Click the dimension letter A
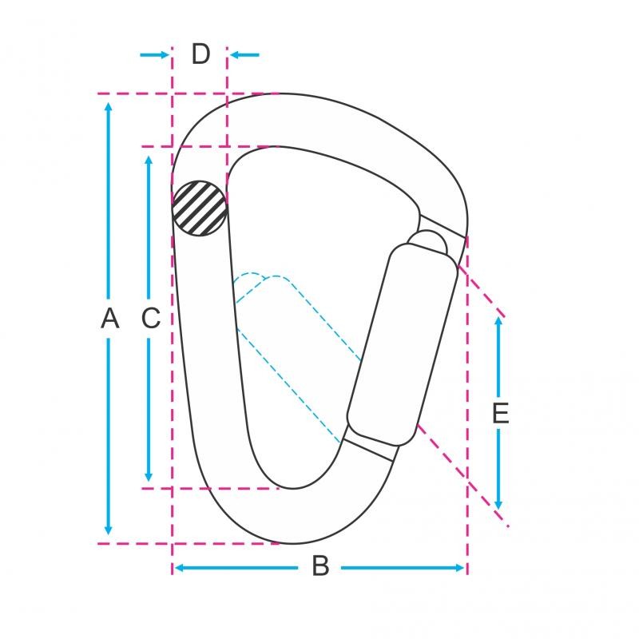coord(110,318)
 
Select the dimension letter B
coord(320,566)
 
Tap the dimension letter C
coord(151,318)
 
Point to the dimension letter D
coord(200,54)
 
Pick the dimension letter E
coord(501,413)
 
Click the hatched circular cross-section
coord(200,208)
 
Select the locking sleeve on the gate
coord(403,344)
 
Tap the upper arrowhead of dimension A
coord(108,107)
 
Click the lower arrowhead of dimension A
coord(108,530)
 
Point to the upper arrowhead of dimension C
coord(149,161)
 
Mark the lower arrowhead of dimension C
coord(149,476)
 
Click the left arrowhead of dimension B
coord(179,568)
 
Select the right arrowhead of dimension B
coord(459,568)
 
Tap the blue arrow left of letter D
coord(154,54)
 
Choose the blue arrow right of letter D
coord(244,54)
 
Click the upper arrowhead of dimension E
coord(498,322)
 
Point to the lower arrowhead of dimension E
coord(498,505)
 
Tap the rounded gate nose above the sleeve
coord(428,242)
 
